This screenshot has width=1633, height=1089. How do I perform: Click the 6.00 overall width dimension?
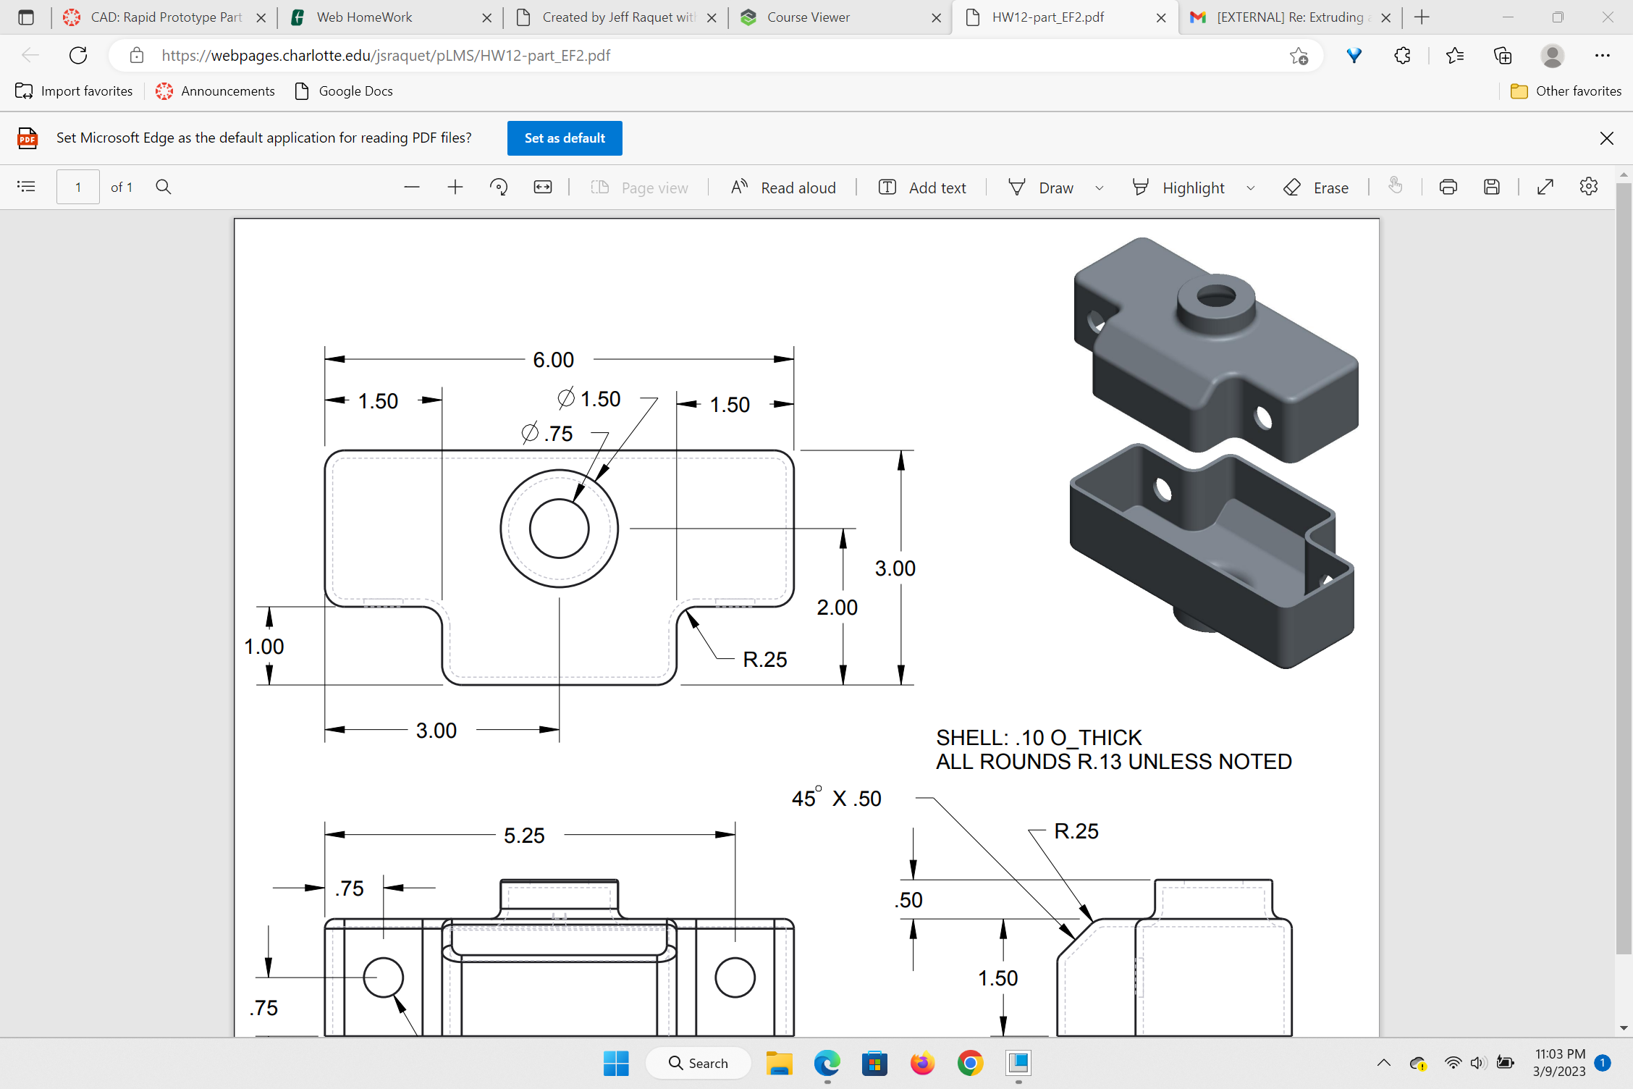pos(553,360)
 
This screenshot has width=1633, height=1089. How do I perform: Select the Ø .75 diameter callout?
pos(547,433)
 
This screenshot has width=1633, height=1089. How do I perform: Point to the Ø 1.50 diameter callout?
pos(589,398)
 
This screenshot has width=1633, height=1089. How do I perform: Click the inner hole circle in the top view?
pos(559,529)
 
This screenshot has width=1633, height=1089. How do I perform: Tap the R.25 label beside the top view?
pos(764,660)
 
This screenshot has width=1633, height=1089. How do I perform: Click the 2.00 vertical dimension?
pos(837,607)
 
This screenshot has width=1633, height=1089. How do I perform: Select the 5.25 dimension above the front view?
pos(524,836)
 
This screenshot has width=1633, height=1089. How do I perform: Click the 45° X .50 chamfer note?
pos(836,799)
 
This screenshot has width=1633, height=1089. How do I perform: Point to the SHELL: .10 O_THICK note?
pos(1038,738)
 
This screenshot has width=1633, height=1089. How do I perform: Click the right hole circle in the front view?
pos(735,977)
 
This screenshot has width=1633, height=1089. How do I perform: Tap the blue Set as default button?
pos(565,138)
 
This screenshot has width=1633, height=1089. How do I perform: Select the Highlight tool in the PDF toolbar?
pos(1180,188)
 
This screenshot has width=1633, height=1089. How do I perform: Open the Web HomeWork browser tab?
pos(363,17)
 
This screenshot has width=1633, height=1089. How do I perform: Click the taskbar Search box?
pos(699,1063)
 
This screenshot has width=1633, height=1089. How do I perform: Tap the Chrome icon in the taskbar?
pos(970,1063)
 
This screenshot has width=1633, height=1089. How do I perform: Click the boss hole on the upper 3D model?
pos(1216,296)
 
